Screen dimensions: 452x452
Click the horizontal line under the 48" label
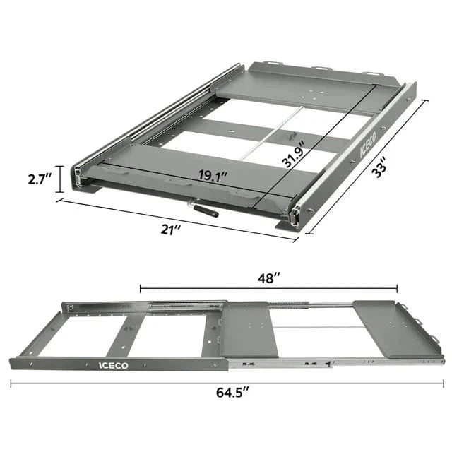point(268,287)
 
